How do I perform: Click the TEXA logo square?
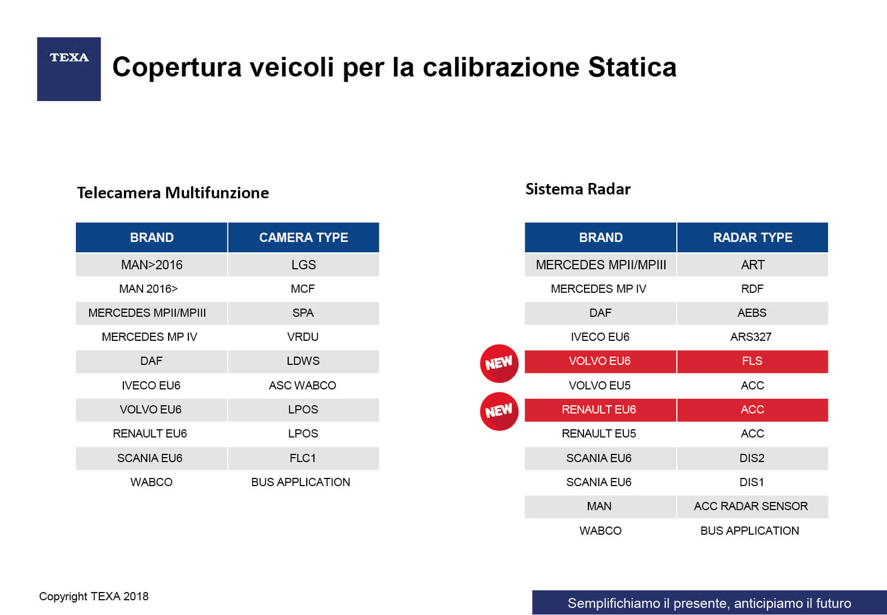click(x=69, y=69)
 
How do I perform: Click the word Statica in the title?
click(x=632, y=67)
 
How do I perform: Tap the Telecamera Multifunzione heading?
click(x=173, y=193)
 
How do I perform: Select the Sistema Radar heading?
click(x=578, y=189)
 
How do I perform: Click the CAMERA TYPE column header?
click(x=303, y=238)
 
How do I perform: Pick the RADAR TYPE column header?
click(x=752, y=238)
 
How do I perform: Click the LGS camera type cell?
click(x=303, y=265)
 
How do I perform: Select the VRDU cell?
click(x=303, y=337)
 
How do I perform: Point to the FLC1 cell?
click(x=303, y=458)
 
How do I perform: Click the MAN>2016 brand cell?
click(x=152, y=265)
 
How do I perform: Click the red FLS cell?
click(x=752, y=361)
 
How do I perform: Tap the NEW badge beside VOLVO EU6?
click(x=499, y=363)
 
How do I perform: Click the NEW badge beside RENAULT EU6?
click(x=499, y=411)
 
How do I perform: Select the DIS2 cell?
click(x=752, y=458)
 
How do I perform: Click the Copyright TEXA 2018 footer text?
click(x=94, y=596)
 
